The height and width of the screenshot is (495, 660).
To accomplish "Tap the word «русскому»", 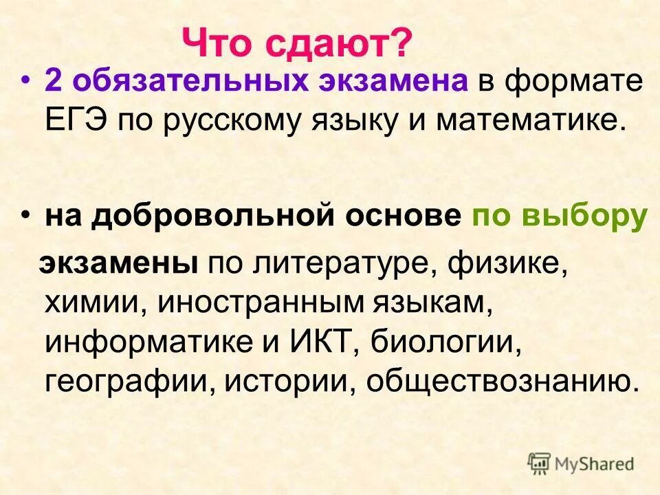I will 227,120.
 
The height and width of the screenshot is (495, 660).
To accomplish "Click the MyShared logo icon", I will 540,463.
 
